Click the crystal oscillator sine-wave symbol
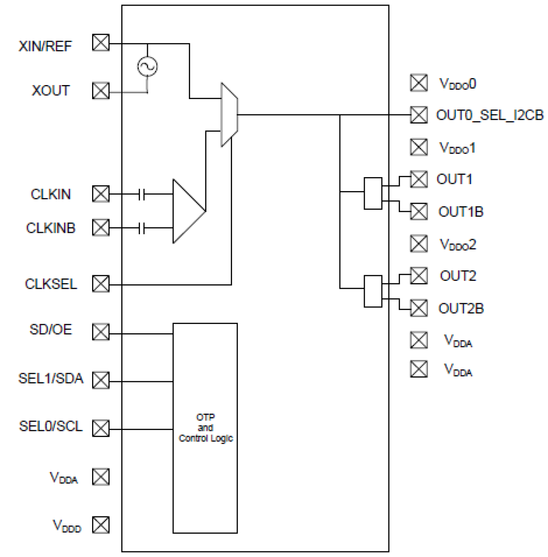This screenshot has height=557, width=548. (147, 66)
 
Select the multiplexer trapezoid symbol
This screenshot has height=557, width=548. (229, 115)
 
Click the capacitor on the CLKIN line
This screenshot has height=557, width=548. (141, 194)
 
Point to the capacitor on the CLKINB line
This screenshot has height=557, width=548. (141, 228)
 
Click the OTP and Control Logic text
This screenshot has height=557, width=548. (205, 428)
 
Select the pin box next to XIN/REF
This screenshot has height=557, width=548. (101, 43)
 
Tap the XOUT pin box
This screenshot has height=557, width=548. (101, 91)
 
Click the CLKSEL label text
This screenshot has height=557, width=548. (51, 284)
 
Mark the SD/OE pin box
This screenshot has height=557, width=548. (101, 332)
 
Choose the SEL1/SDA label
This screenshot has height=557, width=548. (51, 378)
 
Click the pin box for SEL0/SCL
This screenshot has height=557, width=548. (101, 428)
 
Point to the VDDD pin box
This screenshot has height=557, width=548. (101, 525)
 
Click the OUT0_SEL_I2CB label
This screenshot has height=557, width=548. (490, 115)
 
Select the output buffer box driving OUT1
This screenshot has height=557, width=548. (373, 193)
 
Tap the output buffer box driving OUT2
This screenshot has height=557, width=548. (373, 291)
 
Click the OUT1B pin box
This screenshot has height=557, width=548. (419, 212)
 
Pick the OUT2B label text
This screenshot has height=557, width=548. (461, 308)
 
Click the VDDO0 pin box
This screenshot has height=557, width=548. (419, 83)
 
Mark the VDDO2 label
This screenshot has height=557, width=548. (458, 244)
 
